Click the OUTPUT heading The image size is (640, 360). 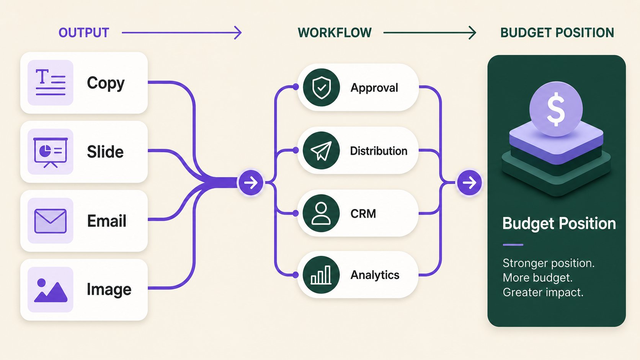click(x=84, y=33)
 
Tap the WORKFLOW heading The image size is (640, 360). click(x=335, y=33)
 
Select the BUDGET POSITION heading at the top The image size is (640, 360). click(x=557, y=33)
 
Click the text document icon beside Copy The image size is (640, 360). click(x=50, y=83)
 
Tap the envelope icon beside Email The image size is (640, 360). click(x=50, y=221)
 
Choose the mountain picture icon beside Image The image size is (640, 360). click(x=50, y=290)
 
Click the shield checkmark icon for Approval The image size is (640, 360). click(x=321, y=87)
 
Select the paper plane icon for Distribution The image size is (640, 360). click(x=321, y=150)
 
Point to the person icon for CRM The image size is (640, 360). click(x=321, y=213)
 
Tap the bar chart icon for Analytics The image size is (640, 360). click(x=321, y=275)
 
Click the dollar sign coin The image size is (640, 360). click(x=556, y=109)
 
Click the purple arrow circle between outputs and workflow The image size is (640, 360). click(x=251, y=183)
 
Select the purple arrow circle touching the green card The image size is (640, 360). click(x=469, y=183)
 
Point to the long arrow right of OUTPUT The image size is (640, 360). click(x=182, y=33)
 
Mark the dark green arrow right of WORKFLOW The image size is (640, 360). click(x=430, y=33)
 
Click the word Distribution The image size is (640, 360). click(x=379, y=151)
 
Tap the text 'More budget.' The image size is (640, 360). click(x=537, y=277)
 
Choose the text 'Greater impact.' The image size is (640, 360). click(x=543, y=292)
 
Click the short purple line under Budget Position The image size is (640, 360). click(x=513, y=245)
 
